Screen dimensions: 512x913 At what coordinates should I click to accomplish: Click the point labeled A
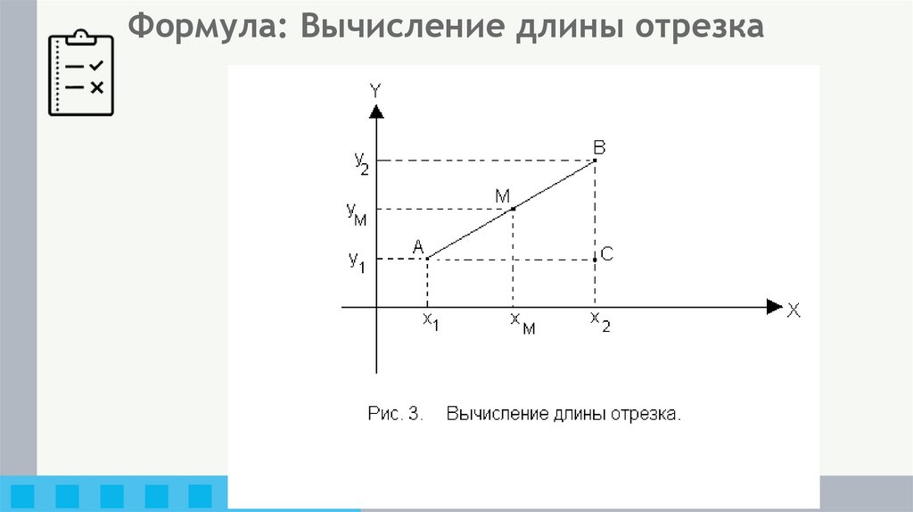[428, 259]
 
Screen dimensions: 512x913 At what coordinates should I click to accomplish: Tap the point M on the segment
[513, 209]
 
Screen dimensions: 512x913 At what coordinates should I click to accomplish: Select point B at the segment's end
[595, 161]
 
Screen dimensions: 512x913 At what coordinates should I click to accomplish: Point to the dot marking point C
[595, 259]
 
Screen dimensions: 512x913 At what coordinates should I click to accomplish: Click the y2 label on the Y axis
[360, 161]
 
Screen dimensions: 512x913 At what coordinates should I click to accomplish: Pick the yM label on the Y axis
[358, 211]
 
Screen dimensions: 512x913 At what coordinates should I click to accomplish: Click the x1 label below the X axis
[430, 321]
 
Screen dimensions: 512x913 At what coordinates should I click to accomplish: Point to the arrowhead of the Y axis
[377, 111]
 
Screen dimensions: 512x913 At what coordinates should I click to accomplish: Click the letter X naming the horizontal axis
[794, 310]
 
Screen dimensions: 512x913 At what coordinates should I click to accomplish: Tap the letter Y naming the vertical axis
[376, 89]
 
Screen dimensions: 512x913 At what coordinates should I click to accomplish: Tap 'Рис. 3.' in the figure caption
[393, 414]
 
